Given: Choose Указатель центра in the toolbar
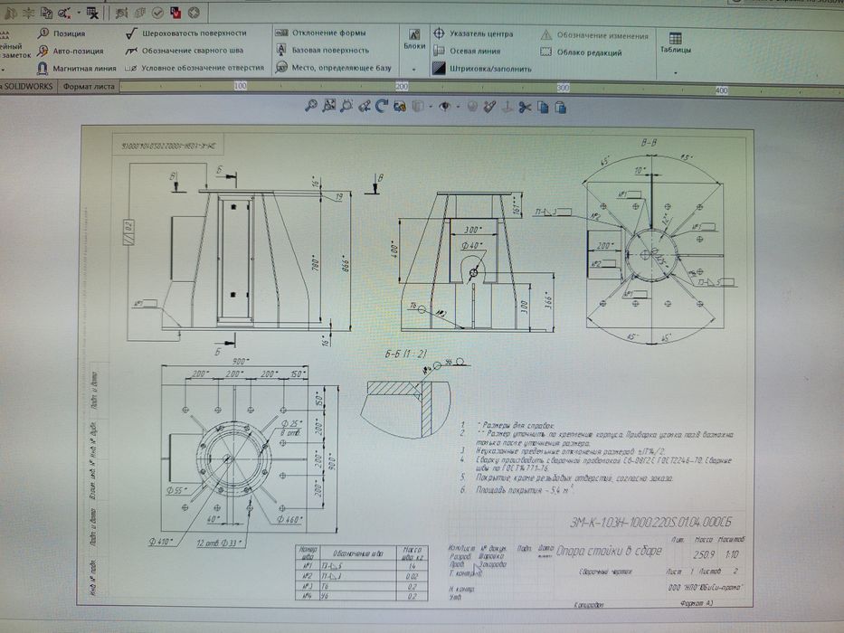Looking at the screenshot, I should click(474, 33).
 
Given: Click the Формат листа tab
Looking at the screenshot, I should click(88, 87).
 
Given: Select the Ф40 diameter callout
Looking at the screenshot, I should click(473, 245).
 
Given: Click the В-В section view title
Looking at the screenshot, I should click(648, 143).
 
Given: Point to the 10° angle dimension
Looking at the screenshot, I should click(640, 171).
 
